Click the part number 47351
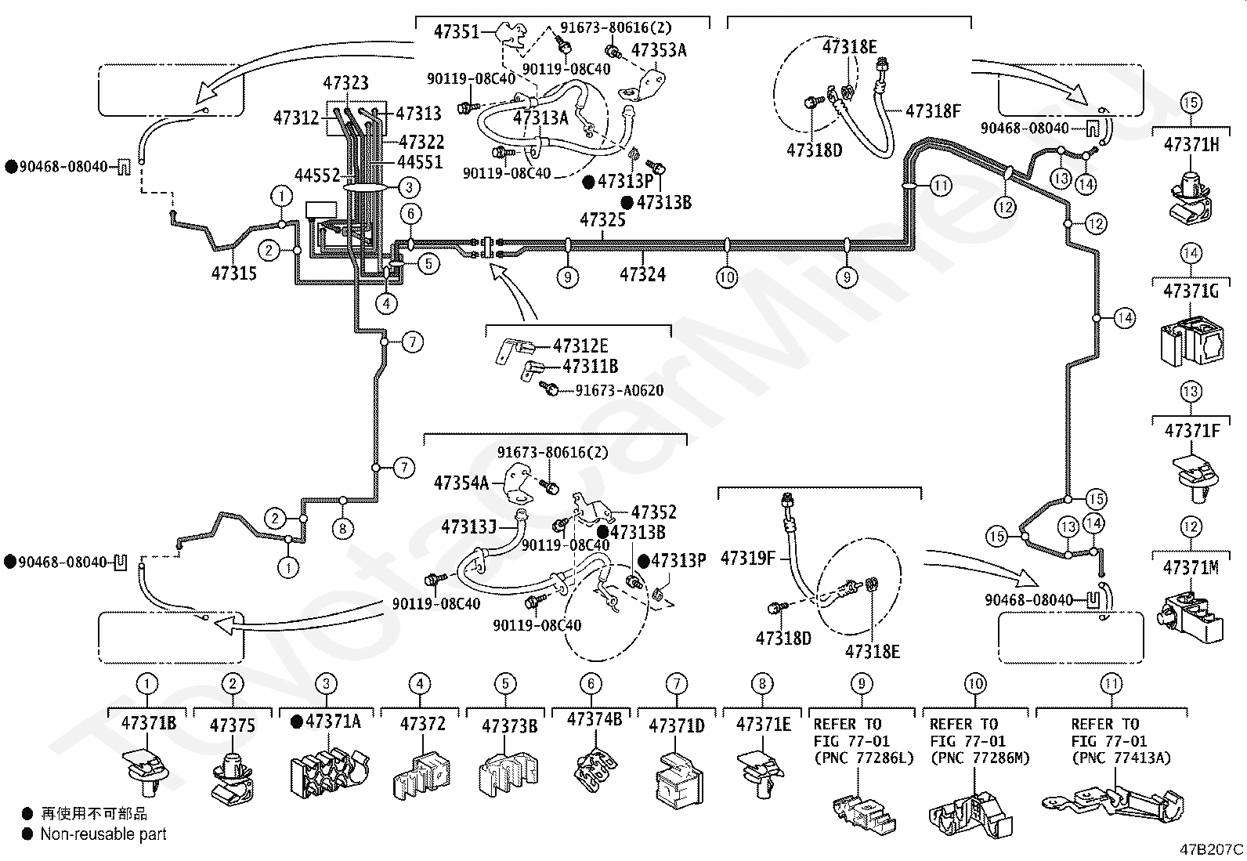tap(457, 32)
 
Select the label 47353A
tap(659, 51)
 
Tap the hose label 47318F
tap(933, 111)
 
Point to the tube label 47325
tap(603, 220)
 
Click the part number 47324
tap(643, 274)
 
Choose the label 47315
tap(234, 273)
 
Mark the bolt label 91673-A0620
tap(620, 390)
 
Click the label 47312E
tap(580, 345)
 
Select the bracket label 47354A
tap(461, 483)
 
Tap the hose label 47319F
tap(748, 558)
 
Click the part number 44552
tap(317, 175)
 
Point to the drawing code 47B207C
tap(1212, 849)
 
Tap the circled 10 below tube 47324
tap(727, 277)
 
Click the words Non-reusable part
tap(103, 834)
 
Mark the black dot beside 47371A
tap(297, 722)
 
